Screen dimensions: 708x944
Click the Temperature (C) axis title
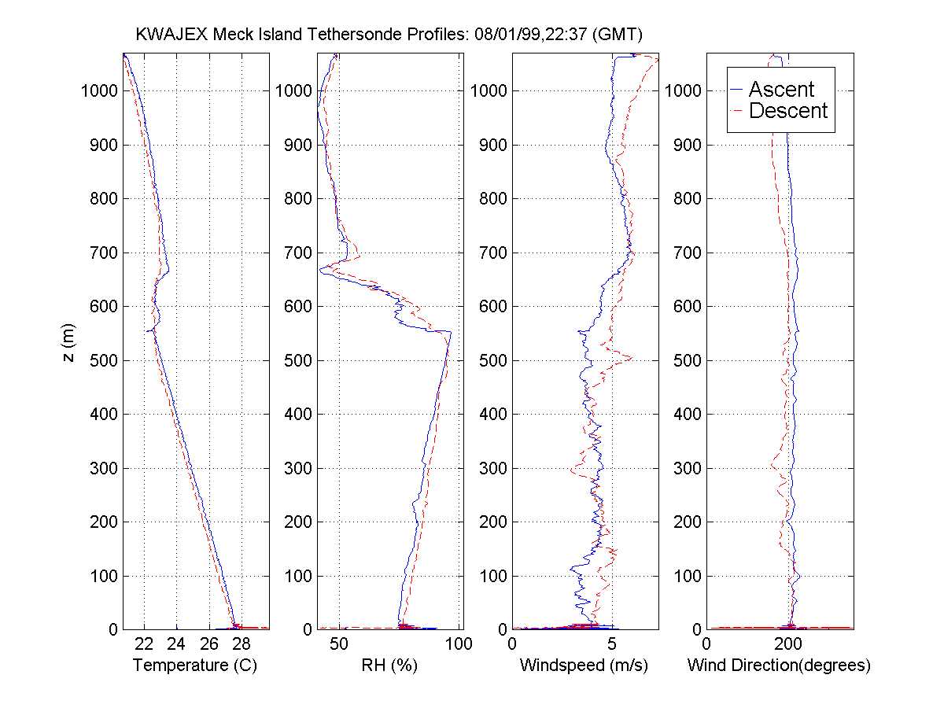coord(195,666)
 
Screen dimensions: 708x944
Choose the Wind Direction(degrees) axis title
coord(779,666)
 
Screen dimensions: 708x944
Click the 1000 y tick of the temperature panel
coord(99,90)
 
